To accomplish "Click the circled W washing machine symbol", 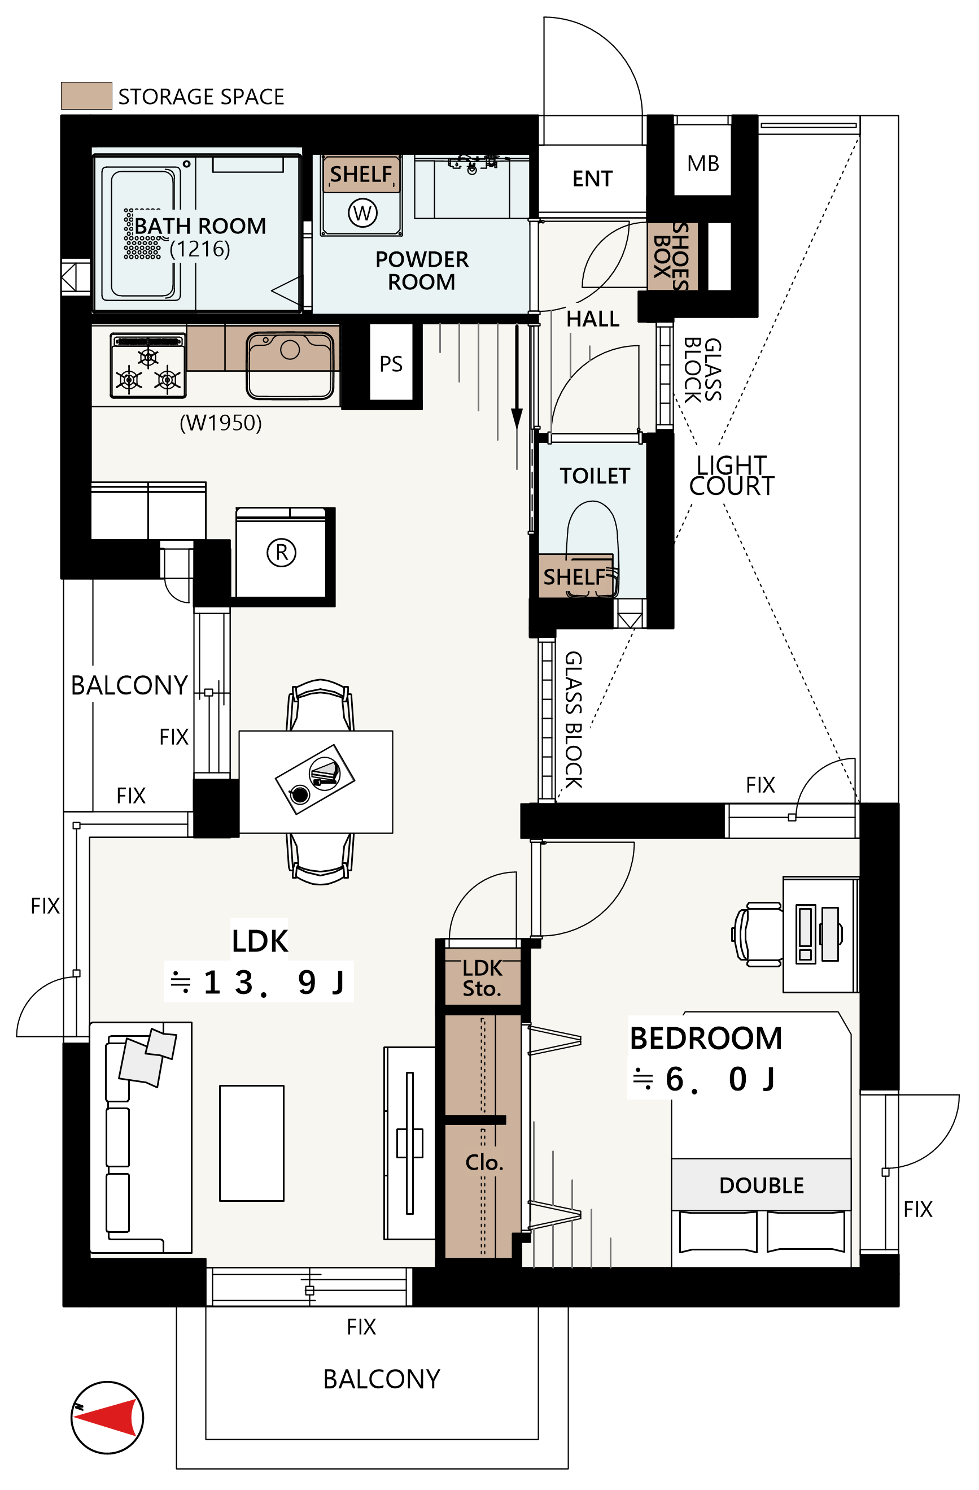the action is [x=362, y=213].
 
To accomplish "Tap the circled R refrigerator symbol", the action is [x=282, y=553].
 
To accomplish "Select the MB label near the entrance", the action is [x=702, y=163].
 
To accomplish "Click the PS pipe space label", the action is [x=391, y=364].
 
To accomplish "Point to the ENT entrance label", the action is [x=592, y=179].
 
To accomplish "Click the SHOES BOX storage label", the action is [x=671, y=257].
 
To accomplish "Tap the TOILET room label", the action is [x=595, y=476].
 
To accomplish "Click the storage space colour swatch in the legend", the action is [x=86, y=96].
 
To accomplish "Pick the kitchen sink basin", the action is [x=290, y=366].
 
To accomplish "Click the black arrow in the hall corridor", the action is [x=517, y=376].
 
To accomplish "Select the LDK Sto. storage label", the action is [x=482, y=978].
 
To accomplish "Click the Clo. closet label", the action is [x=484, y=1163].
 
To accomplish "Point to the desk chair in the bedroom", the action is [x=757, y=935].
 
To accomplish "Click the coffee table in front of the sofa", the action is [x=251, y=1143].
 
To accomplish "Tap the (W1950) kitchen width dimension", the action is [x=220, y=423].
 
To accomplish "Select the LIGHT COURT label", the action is [x=731, y=476].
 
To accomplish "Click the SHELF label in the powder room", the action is [x=361, y=174].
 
